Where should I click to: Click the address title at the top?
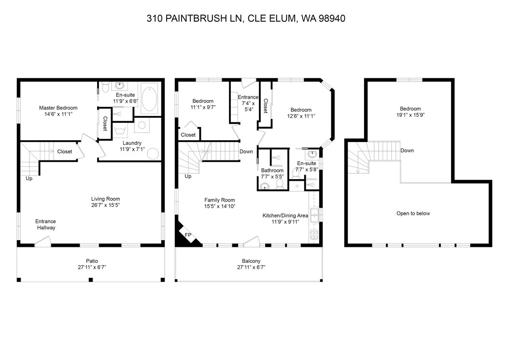(246, 18)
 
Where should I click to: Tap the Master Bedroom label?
(58, 108)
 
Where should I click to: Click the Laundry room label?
(132, 143)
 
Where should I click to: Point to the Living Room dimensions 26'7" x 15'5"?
(105, 205)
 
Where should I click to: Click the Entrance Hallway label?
(46, 225)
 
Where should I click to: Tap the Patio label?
(92, 261)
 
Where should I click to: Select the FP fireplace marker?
(188, 235)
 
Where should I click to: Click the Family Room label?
(219, 200)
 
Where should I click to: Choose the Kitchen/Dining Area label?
(285, 216)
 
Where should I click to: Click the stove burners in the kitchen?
(314, 234)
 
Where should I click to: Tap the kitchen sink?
(315, 215)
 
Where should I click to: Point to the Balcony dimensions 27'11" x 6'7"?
(251, 267)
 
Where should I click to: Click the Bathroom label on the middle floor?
(272, 170)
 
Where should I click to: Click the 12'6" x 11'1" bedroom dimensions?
(301, 116)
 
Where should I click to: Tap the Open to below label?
(413, 214)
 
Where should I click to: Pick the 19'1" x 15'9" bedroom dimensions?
(410, 115)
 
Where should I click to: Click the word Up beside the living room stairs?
(29, 178)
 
